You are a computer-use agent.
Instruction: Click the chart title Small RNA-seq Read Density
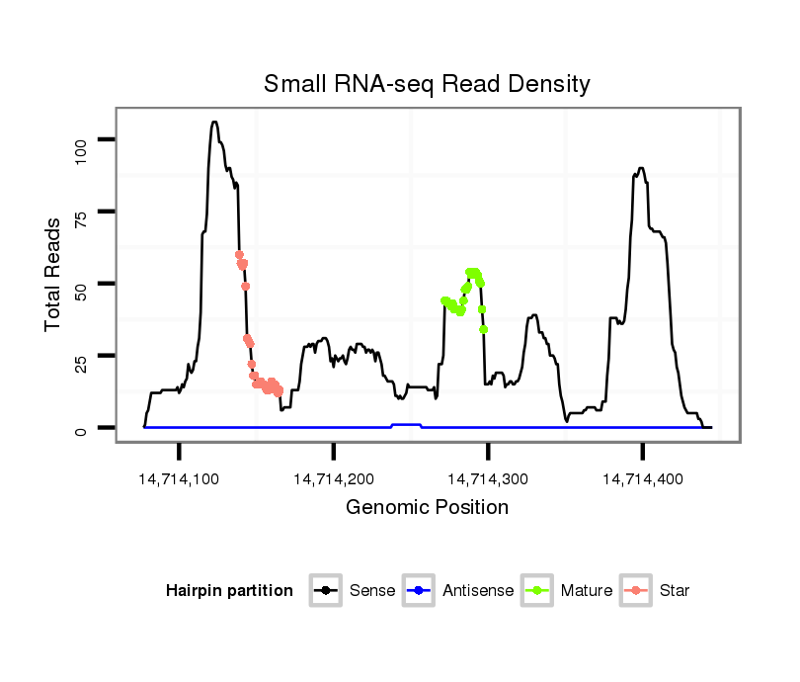(427, 84)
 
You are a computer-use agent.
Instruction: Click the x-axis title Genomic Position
(427, 508)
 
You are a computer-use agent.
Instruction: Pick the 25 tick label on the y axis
(82, 356)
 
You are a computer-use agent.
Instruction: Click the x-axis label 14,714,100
(179, 479)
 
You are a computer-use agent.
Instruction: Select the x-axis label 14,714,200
(334, 479)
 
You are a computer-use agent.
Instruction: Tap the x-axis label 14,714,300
(488, 479)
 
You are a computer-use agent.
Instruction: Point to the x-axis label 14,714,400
(642, 479)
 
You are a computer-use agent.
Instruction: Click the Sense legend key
(327, 591)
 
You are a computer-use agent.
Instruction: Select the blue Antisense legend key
(420, 591)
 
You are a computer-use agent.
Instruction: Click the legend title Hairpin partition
(229, 591)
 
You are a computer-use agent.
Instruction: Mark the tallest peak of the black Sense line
(214, 123)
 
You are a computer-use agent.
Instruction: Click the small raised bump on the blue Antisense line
(406, 424)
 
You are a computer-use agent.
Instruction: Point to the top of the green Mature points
(473, 272)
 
